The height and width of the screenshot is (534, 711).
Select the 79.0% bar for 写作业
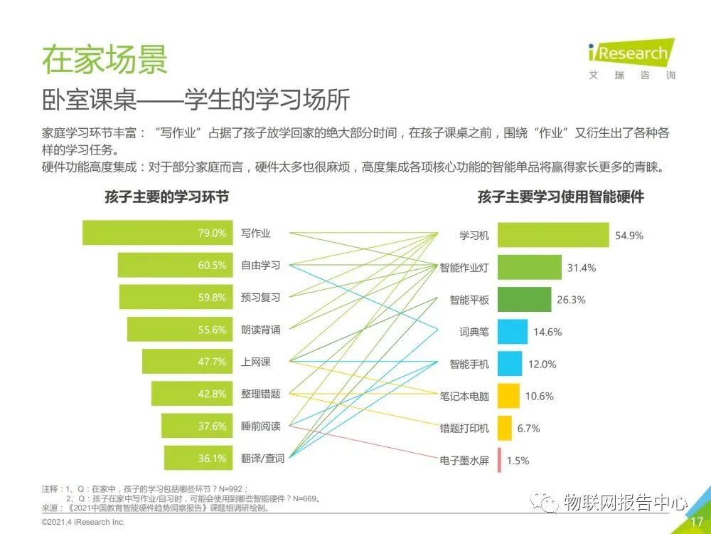click(x=157, y=233)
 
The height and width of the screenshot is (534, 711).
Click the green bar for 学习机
click(x=553, y=235)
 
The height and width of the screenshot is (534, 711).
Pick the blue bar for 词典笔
click(x=513, y=332)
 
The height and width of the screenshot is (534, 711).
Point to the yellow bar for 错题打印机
click(x=505, y=428)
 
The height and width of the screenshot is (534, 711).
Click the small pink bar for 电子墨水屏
click(x=500, y=460)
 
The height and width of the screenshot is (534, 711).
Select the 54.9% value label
click(x=629, y=236)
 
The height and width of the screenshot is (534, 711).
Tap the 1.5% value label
click(x=518, y=461)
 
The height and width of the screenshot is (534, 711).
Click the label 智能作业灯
click(x=464, y=268)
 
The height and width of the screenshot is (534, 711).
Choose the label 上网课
click(x=255, y=362)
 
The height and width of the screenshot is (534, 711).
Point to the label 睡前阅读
click(x=260, y=426)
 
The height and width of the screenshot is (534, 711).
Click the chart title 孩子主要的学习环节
click(x=166, y=197)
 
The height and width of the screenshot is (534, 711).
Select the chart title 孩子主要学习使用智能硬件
click(x=560, y=197)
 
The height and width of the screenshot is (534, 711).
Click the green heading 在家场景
click(x=105, y=59)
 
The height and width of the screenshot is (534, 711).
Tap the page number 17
click(x=696, y=522)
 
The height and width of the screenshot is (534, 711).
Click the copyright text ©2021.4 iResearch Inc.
click(x=83, y=523)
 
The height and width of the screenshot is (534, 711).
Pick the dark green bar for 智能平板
click(x=525, y=300)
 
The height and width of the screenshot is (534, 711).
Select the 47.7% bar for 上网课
click(x=187, y=362)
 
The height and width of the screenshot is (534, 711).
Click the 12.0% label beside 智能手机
click(x=542, y=364)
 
